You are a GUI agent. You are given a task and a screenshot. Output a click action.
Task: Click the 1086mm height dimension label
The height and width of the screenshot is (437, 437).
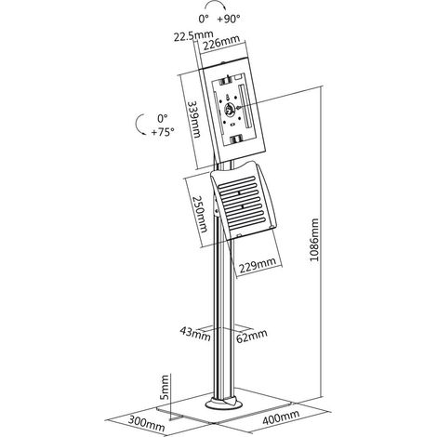coord(314,240)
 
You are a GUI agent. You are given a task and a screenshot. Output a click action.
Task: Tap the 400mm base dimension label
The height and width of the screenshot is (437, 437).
coord(281,417)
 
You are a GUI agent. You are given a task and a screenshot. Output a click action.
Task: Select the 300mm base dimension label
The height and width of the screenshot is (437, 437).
coord(146,423)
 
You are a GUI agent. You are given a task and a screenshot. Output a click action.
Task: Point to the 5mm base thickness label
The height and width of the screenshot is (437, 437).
coord(165,387)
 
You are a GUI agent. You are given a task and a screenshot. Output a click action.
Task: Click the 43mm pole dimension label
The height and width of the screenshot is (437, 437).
coord(195,333)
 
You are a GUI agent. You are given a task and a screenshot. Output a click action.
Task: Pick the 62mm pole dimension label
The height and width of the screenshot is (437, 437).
coord(252,336)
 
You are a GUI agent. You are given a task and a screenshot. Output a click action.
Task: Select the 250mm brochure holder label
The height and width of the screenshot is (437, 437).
coord(198,214)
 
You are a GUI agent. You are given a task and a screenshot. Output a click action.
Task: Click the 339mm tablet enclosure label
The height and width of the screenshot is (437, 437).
coord(193,119)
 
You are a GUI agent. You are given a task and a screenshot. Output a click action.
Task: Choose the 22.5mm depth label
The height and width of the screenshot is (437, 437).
coord(193,36)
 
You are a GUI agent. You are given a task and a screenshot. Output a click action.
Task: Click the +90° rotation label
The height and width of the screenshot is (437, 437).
coord(229,19)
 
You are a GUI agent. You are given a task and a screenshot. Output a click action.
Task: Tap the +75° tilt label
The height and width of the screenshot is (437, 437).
coord(163,132)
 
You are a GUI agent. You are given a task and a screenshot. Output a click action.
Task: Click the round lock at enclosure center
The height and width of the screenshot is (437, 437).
coord(230,110)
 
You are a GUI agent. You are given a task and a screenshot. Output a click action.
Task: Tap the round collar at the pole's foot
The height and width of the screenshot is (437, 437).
coord(224,404)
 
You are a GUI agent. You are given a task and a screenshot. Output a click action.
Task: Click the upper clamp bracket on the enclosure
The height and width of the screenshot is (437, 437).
coord(226,82)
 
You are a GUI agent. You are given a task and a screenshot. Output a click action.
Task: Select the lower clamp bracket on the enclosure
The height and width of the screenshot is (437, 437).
coord(235,139)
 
